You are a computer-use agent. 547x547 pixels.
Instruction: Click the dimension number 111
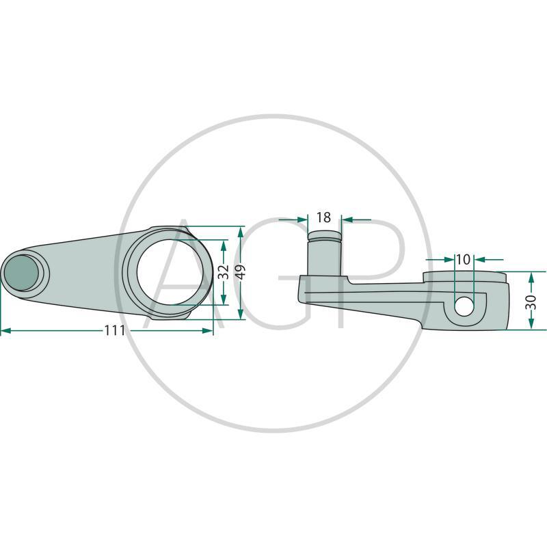coord(115,330)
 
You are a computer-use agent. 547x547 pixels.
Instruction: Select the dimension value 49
coord(241,272)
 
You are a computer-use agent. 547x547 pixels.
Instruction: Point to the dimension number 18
coord(323,217)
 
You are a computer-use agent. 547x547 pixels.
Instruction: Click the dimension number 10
coord(464,260)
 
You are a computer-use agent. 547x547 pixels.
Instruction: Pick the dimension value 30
coord(531,301)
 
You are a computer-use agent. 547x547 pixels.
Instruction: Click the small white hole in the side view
coord(464,306)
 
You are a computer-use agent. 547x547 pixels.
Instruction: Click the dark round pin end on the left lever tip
coord(22,272)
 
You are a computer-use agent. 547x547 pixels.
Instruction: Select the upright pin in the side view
coord(323,253)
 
